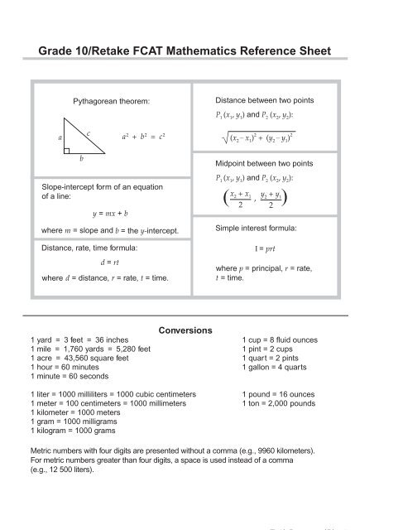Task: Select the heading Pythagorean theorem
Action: (x=111, y=101)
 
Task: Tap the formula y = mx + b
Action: (x=111, y=213)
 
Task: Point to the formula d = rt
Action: (x=111, y=263)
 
